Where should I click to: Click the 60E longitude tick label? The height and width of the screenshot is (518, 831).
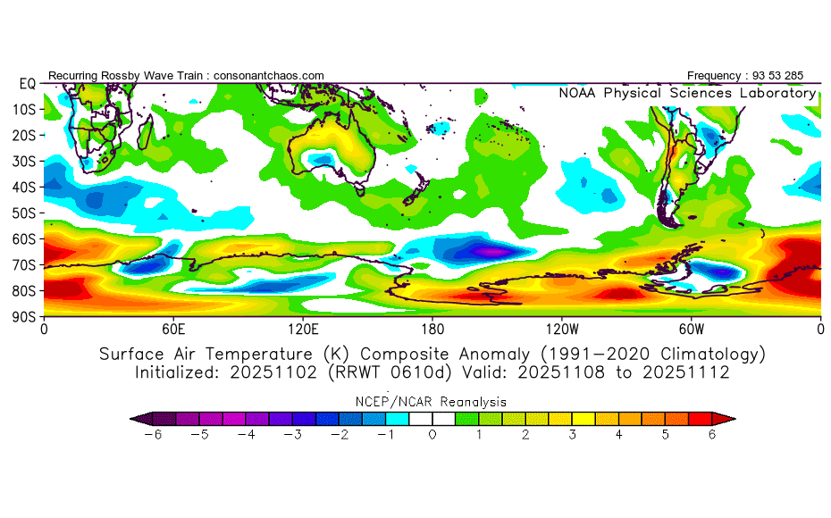pos(173,329)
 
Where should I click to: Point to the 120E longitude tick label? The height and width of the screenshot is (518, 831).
pos(303,329)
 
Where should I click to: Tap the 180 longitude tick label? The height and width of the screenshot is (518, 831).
pos(432,329)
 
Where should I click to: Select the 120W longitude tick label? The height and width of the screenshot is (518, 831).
pos(562,329)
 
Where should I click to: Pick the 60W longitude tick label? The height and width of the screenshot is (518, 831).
pos(692,329)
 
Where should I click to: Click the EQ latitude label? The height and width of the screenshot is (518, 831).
pos(26,83)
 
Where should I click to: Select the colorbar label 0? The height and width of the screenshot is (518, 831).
pos(432,434)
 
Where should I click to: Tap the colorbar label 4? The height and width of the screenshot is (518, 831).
pos(618,434)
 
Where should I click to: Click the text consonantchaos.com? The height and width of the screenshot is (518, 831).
pos(269,76)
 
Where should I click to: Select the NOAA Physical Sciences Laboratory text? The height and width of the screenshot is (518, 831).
pos(686,93)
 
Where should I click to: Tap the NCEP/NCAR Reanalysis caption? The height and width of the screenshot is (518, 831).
pos(432,402)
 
